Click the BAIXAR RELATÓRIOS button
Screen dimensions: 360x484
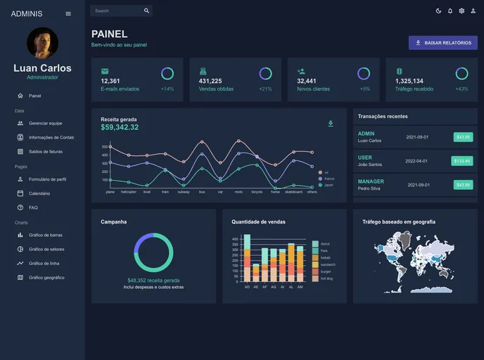(443, 43)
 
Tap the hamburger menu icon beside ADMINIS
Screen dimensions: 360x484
(68, 13)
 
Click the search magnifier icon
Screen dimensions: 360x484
(146, 11)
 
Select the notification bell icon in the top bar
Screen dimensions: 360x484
(450, 11)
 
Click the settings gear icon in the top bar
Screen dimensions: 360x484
(461, 11)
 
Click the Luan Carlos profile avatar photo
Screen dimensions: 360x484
(42, 43)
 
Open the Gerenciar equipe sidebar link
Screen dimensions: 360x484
(45, 123)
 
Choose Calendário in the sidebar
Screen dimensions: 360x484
(39, 193)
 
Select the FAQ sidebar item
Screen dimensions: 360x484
(33, 207)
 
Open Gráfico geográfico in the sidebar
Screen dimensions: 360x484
(46, 278)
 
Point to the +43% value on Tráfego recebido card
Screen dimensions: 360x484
(461, 89)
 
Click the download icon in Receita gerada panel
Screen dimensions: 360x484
(331, 124)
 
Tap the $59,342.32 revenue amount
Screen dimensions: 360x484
(120, 127)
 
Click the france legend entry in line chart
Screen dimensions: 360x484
(329, 179)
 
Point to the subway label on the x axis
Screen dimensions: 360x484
(183, 191)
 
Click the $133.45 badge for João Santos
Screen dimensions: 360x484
(463, 161)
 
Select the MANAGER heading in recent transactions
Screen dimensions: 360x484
(371, 181)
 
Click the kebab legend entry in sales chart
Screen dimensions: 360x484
(325, 257)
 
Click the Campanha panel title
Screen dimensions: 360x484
(114, 221)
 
